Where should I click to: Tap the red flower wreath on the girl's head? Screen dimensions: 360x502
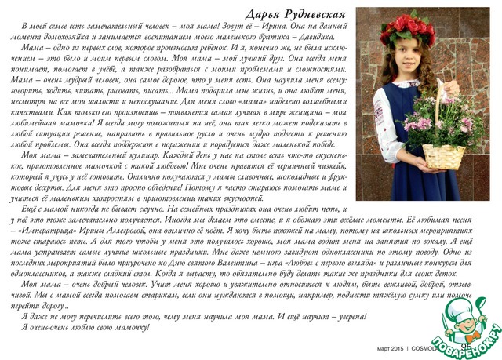tap(407, 23)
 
